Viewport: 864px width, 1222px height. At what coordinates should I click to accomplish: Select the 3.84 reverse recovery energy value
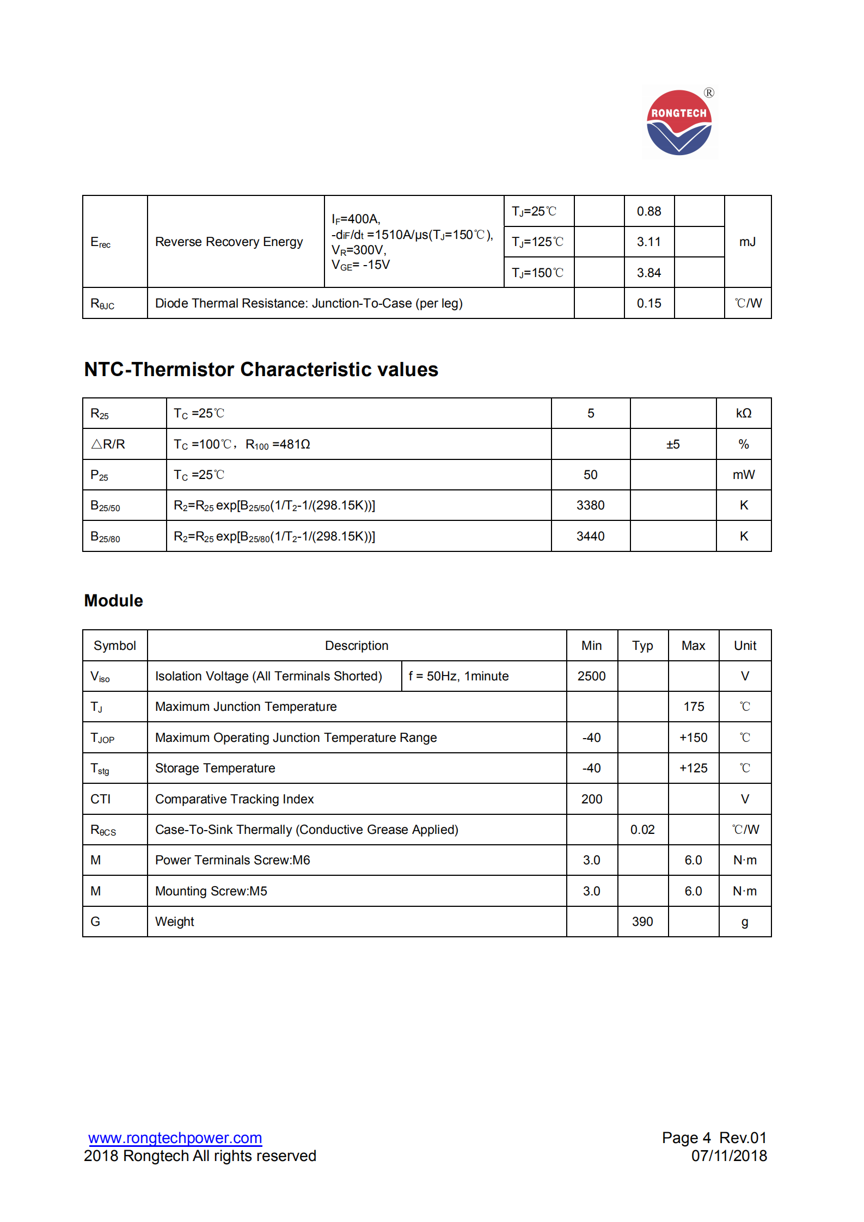[648, 273]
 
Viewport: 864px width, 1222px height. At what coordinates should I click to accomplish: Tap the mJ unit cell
[747, 242]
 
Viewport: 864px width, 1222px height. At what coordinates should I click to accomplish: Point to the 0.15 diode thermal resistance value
[648, 303]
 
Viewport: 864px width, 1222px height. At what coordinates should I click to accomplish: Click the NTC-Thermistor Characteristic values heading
[261, 370]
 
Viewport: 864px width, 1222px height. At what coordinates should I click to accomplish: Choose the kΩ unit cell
[743, 413]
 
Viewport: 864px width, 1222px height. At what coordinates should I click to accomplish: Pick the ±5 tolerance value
[672, 444]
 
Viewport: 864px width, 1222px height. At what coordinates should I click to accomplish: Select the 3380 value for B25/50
[590, 505]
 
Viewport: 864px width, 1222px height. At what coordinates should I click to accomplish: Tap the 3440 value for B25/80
[590, 536]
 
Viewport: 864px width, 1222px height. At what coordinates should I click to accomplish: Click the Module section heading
[113, 600]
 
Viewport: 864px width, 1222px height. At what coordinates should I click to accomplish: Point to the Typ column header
[642, 646]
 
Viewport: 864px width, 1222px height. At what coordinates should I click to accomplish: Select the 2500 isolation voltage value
[591, 676]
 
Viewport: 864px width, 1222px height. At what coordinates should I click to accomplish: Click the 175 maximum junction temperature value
[694, 707]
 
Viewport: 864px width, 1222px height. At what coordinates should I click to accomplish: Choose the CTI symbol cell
[101, 799]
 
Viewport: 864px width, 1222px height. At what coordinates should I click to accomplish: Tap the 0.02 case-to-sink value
[642, 830]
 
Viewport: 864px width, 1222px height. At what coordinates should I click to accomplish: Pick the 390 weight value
[642, 922]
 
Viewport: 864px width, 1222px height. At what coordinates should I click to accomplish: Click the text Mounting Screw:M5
[211, 891]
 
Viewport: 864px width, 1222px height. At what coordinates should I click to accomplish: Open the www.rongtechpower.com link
[175, 1138]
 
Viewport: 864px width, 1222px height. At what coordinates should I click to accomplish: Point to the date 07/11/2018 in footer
[729, 1156]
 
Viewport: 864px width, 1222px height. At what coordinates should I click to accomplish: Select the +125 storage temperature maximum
[693, 768]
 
